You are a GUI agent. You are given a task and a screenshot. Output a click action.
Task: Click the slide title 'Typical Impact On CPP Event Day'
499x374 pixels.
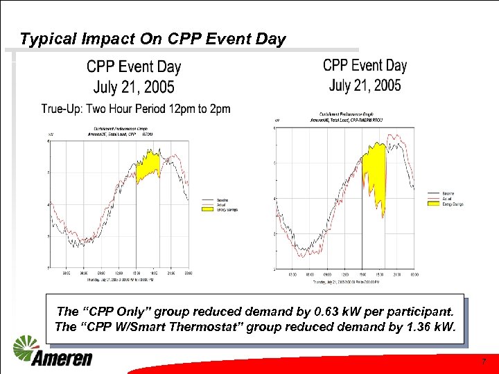[152, 39]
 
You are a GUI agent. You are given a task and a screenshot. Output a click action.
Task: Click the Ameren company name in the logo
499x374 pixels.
[61, 358]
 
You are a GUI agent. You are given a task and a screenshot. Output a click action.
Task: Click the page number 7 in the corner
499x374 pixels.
[484, 362]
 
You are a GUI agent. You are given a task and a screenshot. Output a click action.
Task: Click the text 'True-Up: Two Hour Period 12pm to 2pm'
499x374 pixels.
[136, 109]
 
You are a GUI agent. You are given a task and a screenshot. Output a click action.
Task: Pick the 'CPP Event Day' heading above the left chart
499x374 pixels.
[134, 67]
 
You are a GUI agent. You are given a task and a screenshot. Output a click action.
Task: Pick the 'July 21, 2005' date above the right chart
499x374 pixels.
[365, 85]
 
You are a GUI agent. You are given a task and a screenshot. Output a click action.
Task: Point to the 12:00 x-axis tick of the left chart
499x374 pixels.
[119, 273]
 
